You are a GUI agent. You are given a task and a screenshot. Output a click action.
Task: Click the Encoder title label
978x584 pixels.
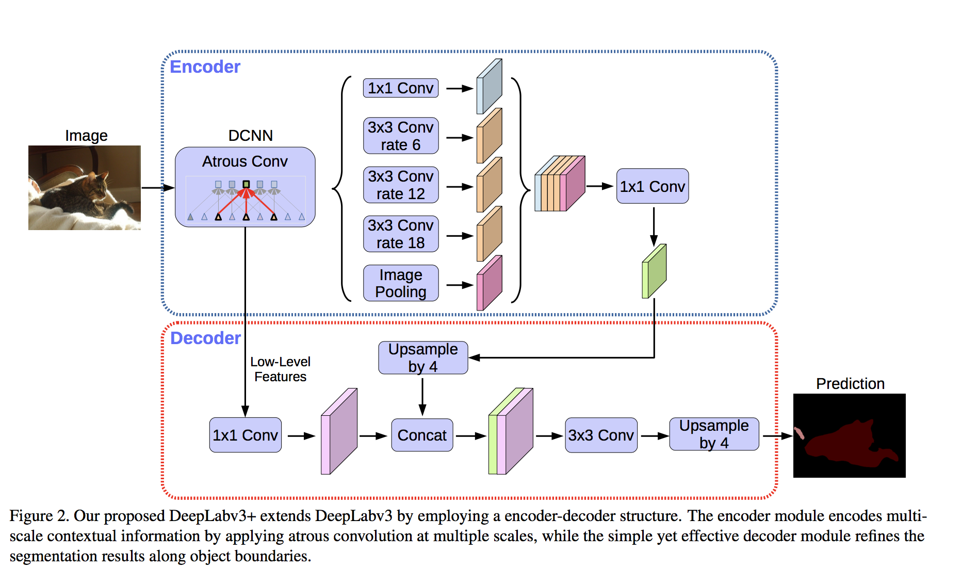click(x=205, y=67)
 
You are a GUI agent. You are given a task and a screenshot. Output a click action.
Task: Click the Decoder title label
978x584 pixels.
click(x=205, y=338)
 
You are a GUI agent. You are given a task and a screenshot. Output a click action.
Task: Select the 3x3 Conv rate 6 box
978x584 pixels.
click(x=401, y=136)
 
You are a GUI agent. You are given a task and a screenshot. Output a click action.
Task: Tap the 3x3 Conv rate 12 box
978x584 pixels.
click(x=401, y=185)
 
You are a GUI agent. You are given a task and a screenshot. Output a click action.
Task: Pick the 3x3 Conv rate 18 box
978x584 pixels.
click(x=401, y=234)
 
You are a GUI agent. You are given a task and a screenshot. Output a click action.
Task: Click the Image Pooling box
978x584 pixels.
click(x=401, y=283)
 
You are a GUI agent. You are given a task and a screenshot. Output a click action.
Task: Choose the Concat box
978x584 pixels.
click(x=422, y=435)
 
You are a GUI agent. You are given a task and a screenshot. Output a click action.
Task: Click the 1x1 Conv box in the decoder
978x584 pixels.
click(x=246, y=435)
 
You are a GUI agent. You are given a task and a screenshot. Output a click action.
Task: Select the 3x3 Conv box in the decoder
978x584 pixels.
click(x=601, y=435)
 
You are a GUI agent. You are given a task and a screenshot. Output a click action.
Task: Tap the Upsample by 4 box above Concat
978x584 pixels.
click(x=423, y=358)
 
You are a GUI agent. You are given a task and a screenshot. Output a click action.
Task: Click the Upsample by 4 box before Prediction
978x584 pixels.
click(x=714, y=434)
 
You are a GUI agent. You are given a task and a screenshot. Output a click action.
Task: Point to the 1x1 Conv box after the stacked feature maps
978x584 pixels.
click(x=653, y=186)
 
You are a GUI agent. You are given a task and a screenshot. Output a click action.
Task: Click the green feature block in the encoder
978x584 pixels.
click(x=654, y=271)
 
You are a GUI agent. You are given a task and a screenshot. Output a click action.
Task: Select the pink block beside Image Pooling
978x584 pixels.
click(x=490, y=283)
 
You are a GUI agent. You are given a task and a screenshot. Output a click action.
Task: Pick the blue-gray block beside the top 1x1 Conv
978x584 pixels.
click(x=490, y=86)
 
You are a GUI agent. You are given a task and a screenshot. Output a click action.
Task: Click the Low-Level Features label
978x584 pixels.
click(x=280, y=369)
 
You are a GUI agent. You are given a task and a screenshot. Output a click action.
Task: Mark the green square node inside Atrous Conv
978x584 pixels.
click(x=246, y=184)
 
